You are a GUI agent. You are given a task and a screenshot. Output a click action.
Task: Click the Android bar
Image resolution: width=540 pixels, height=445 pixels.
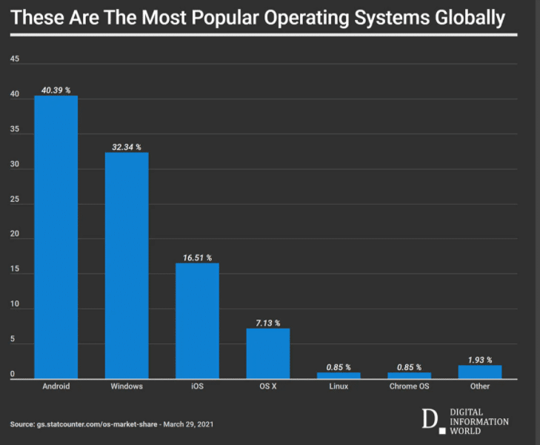click(x=56, y=237)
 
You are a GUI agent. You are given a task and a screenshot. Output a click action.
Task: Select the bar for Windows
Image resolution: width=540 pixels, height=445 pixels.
click(x=127, y=266)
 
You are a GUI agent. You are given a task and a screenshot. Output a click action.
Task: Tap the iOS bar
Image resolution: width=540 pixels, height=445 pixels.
click(x=197, y=320)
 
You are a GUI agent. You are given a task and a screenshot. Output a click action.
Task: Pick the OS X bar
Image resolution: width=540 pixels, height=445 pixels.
click(x=267, y=353)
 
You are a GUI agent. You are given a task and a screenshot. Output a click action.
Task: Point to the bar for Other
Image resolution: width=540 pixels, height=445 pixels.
click(x=479, y=372)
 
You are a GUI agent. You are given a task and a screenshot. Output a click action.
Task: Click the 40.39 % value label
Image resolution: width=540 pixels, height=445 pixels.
click(x=56, y=90)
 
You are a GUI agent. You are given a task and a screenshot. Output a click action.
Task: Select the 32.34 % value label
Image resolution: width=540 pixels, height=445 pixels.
click(x=127, y=148)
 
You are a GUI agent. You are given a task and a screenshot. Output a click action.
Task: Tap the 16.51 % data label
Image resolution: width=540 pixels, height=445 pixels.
click(x=197, y=258)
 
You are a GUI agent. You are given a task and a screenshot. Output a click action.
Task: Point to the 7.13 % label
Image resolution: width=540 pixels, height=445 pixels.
click(x=267, y=323)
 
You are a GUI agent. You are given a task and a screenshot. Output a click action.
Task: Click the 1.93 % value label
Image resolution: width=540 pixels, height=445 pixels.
click(x=479, y=360)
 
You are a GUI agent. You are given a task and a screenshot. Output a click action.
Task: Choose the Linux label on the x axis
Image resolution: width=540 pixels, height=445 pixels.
click(x=339, y=386)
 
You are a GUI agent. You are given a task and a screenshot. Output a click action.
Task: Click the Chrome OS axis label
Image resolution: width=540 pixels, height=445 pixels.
click(x=409, y=386)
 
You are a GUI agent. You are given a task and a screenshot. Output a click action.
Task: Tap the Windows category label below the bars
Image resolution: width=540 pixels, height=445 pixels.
click(x=127, y=386)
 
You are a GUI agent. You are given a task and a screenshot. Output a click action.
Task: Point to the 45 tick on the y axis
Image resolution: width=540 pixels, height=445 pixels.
click(x=15, y=59)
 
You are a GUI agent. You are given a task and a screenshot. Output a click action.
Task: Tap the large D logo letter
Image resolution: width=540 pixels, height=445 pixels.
click(x=429, y=420)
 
